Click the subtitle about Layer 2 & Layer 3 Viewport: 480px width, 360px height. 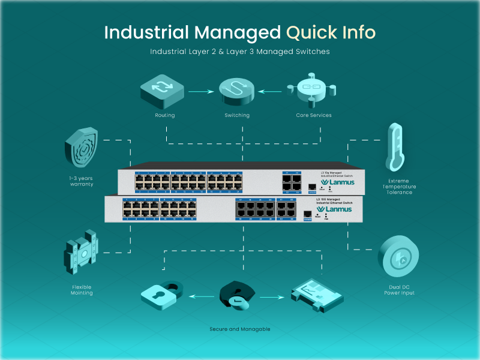(240, 52)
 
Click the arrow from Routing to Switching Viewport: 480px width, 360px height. (201, 92)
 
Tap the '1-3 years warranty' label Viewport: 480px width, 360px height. (82, 181)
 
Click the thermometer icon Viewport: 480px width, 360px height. (394, 147)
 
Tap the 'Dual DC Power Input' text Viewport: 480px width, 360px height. (399, 290)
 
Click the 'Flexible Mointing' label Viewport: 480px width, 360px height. (82, 290)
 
